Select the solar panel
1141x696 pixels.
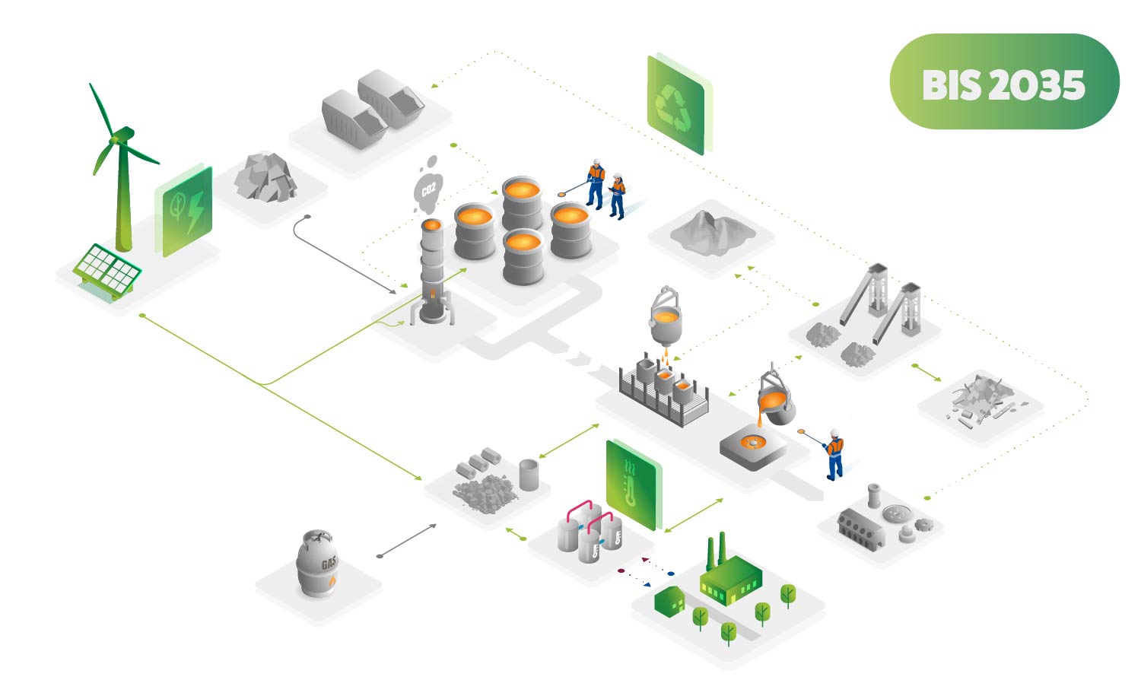coord(107,270)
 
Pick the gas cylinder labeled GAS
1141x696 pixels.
coord(317,564)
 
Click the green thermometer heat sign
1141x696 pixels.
coord(631,484)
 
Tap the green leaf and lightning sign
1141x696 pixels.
coord(185,209)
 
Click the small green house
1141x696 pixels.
coord(669,600)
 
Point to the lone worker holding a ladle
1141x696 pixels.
coord(834,453)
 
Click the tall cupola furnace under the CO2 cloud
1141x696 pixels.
coord(431,270)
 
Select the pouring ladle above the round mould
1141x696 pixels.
coord(776,399)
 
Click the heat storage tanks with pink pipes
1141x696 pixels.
coord(590,529)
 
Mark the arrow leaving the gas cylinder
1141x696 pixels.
coord(407,541)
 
